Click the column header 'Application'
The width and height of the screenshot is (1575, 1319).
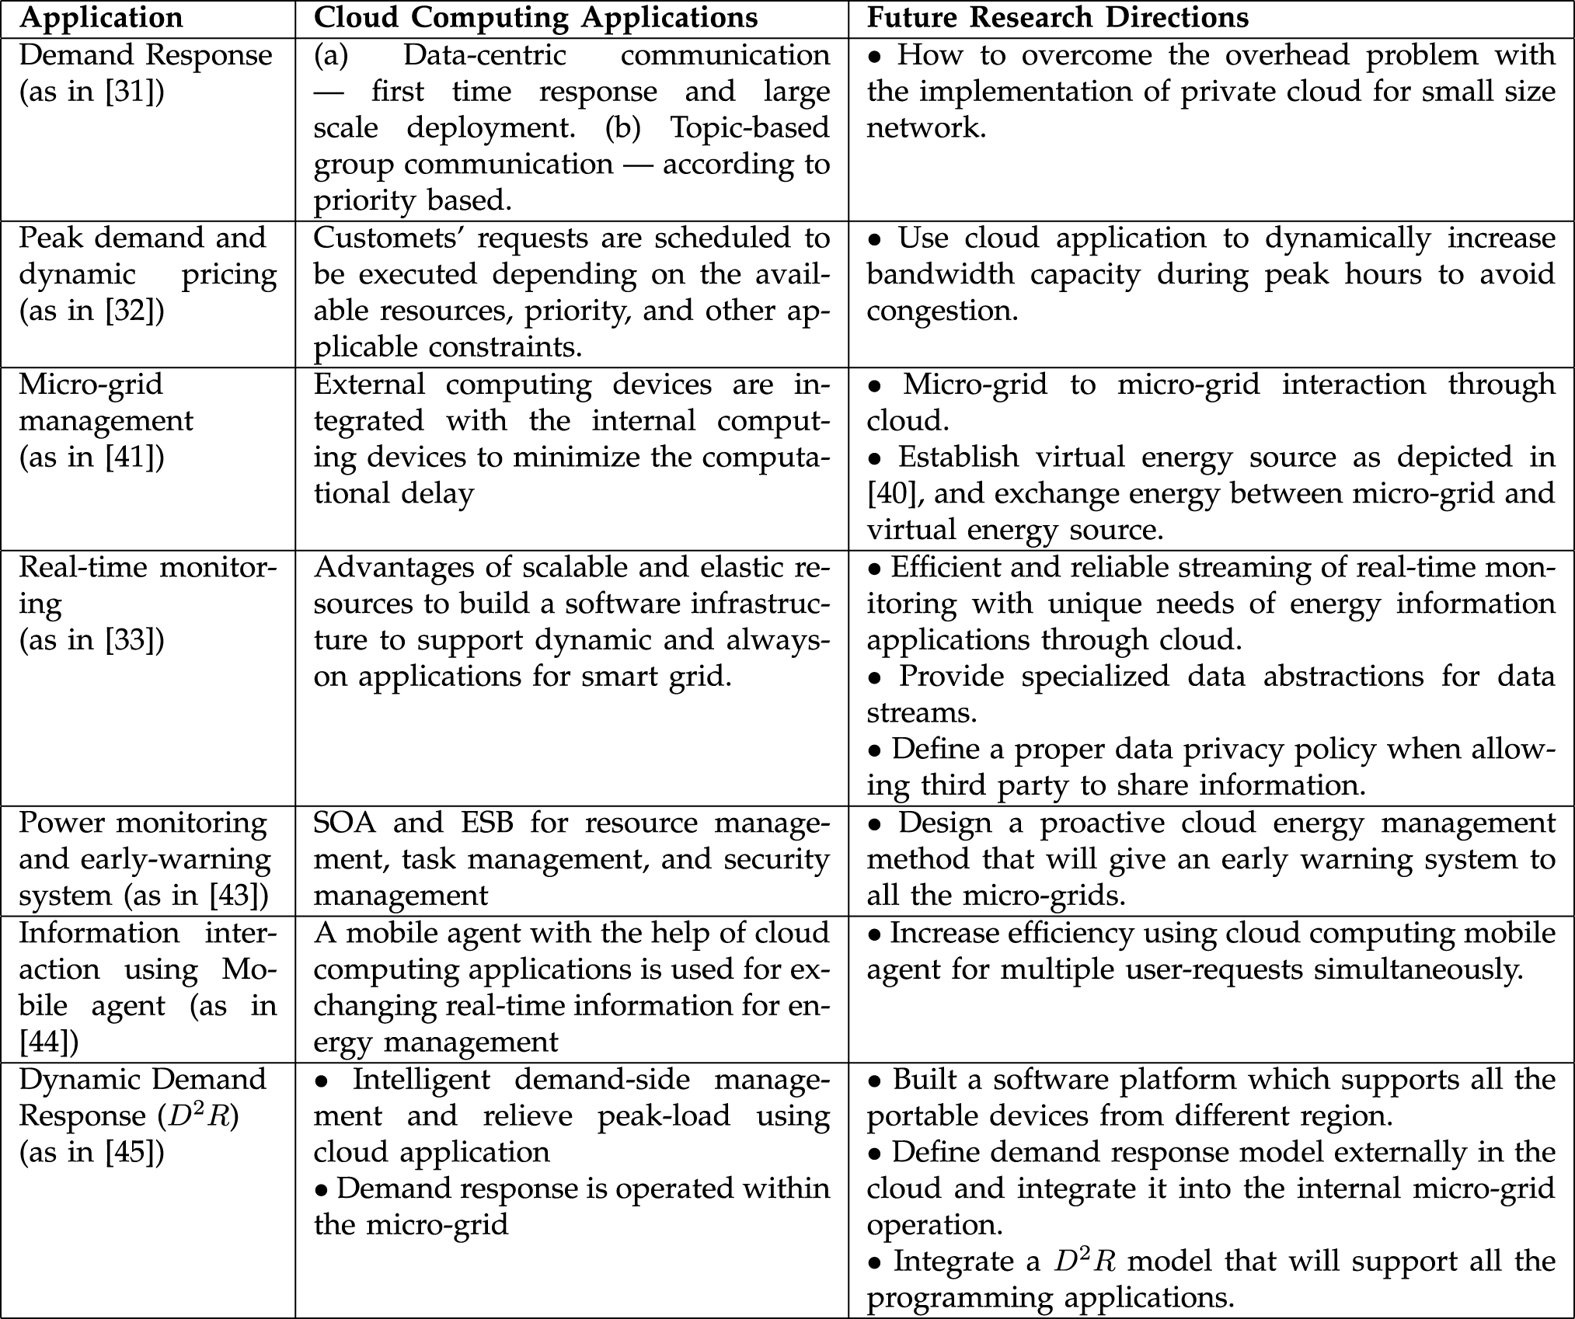coord(101,18)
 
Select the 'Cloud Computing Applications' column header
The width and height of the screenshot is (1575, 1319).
coord(535,18)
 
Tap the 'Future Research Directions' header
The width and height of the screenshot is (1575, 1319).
coord(1058,18)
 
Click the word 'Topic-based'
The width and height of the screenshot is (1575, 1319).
coord(750,128)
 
